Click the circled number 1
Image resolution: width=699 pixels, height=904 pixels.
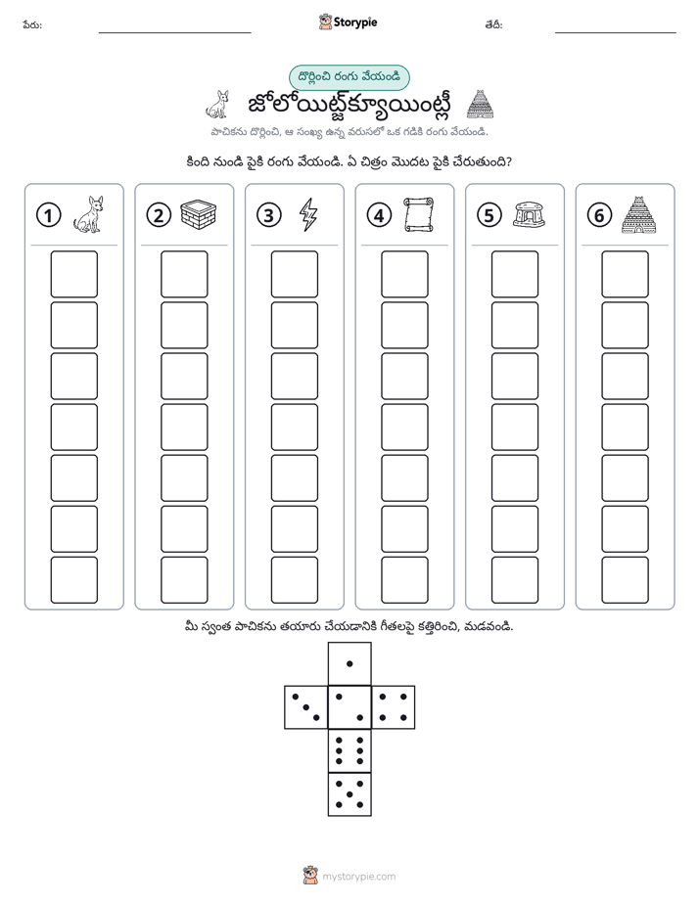(48, 215)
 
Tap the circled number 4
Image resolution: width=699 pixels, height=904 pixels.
(379, 215)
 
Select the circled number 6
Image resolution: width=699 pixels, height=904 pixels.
(599, 215)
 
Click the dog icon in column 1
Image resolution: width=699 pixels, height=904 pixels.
(89, 214)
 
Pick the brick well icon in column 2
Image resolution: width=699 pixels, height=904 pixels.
(199, 214)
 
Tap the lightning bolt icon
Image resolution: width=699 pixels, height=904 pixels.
(308, 214)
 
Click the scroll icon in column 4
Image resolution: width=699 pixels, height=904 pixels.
(419, 214)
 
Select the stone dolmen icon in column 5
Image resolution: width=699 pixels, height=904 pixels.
(529, 214)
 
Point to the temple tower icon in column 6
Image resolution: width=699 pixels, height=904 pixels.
(639, 214)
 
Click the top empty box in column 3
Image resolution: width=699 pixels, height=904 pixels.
(294, 274)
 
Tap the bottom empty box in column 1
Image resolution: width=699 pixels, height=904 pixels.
(73, 580)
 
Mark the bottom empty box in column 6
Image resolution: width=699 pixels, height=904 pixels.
(626, 580)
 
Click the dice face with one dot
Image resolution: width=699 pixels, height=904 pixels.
(349, 663)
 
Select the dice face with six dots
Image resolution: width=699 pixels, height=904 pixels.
(349, 750)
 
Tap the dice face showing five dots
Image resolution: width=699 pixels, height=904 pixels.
(349, 794)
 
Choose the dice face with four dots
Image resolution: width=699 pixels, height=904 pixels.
(394, 707)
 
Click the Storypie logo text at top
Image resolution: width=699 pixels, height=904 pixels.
(355, 23)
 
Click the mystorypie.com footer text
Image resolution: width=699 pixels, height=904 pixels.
(358, 877)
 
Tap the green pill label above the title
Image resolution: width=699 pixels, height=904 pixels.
(349, 77)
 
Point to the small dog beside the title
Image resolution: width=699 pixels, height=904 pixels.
(218, 105)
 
